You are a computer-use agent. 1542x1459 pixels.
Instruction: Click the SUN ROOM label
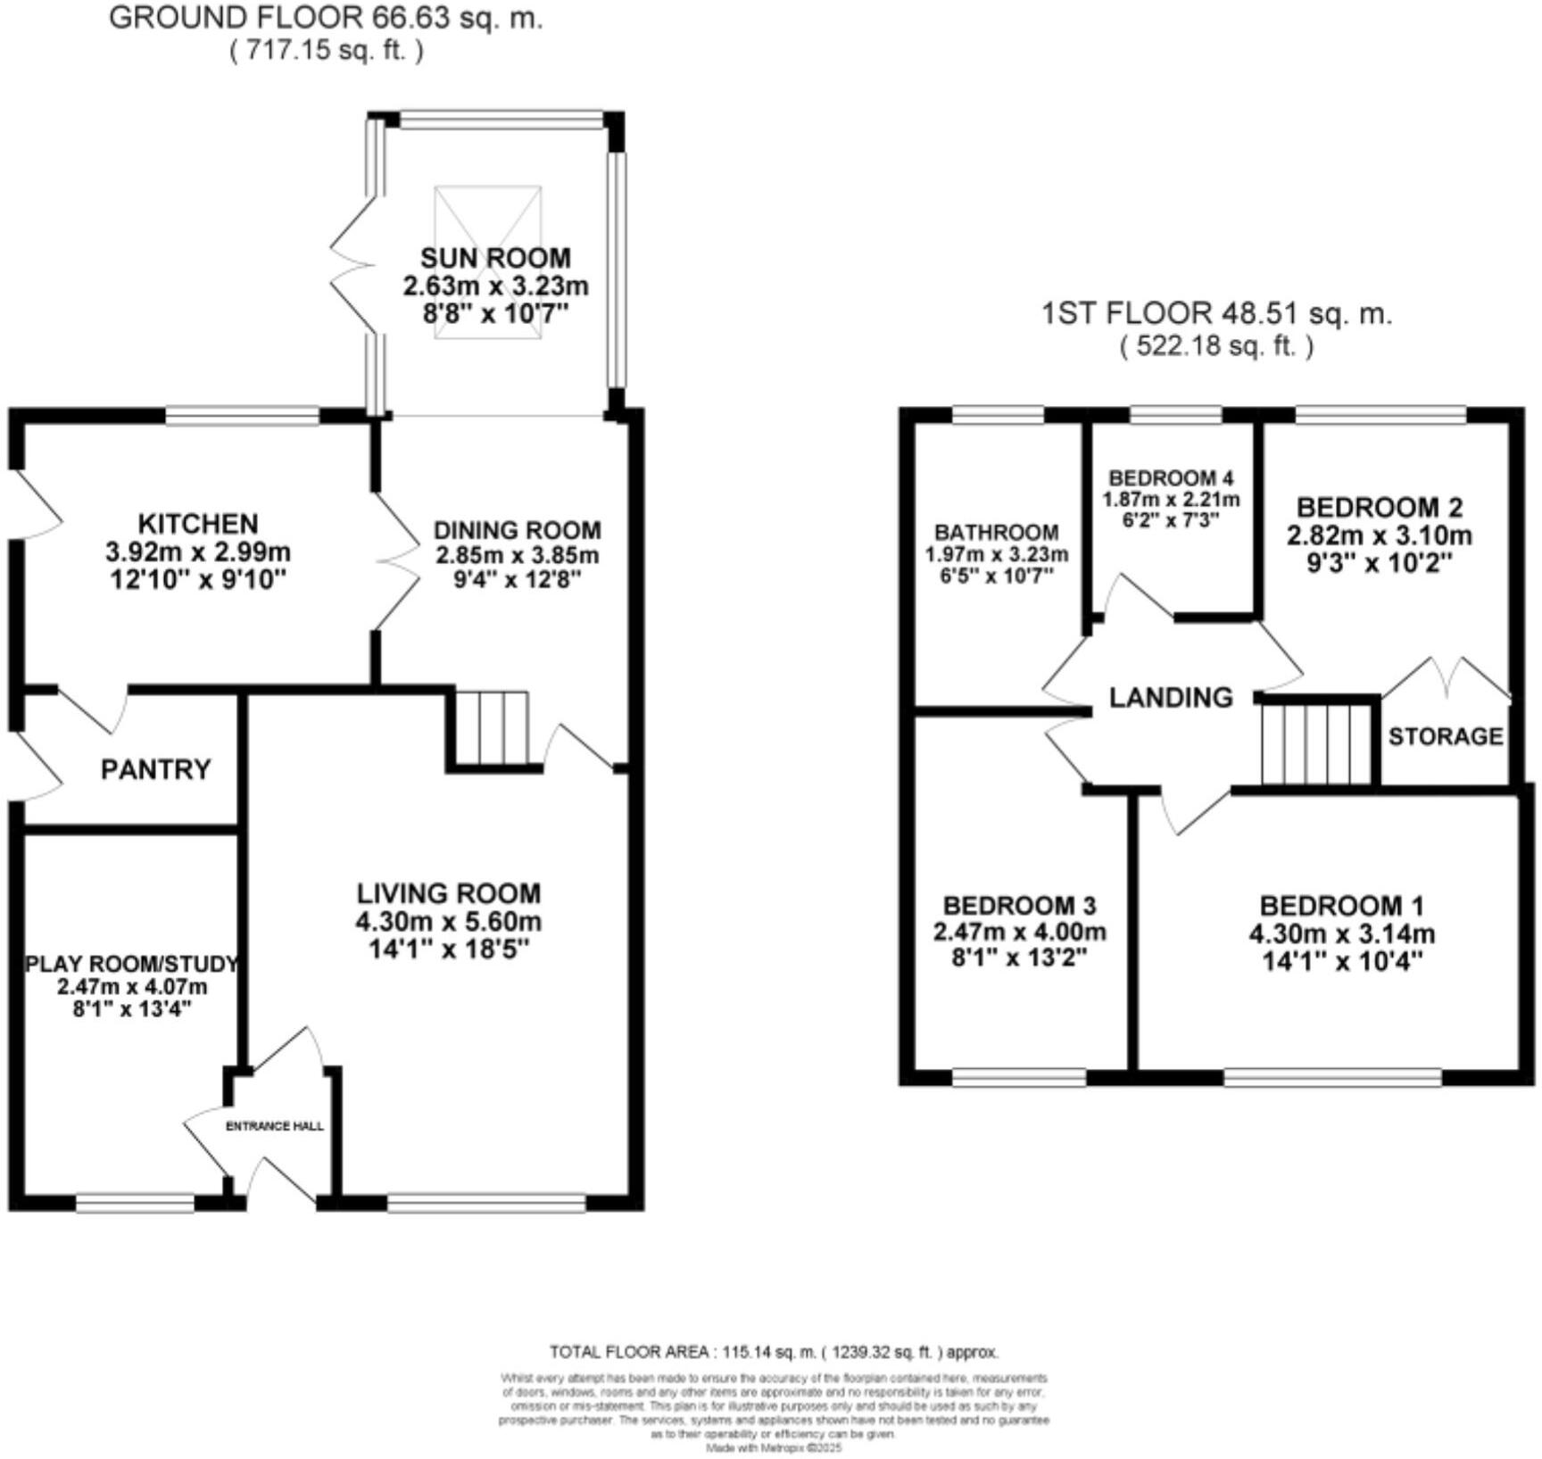(x=495, y=258)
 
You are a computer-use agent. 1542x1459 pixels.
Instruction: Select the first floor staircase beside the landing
(x=1315, y=743)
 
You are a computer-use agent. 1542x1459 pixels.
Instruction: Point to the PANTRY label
(x=155, y=769)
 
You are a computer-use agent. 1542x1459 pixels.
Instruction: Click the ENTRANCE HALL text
(x=274, y=1126)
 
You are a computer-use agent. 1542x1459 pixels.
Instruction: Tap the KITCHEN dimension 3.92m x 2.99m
(x=198, y=551)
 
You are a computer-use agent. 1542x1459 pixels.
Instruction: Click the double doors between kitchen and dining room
(x=397, y=562)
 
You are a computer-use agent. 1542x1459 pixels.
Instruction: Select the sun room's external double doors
(x=354, y=265)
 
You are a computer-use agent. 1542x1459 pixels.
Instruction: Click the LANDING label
(x=1171, y=697)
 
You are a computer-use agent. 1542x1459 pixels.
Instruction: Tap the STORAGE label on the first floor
(x=1445, y=736)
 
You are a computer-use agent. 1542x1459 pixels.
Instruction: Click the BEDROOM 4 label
(x=1171, y=478)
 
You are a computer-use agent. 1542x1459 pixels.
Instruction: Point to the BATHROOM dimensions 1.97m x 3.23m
(x=996, y=554)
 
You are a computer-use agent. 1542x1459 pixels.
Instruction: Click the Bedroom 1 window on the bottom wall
(x=1331, y=1077)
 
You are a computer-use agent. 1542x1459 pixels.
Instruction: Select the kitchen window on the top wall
(x=243, y=415)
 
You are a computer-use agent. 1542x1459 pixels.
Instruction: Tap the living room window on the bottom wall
(x=486, y=1204)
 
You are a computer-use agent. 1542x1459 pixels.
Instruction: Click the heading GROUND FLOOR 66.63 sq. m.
(x=325, y=18)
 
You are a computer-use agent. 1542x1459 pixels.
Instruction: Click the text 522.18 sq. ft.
(x=1216, y=346)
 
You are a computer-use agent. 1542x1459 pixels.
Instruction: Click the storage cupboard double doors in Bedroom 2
(x=1446, y=678)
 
